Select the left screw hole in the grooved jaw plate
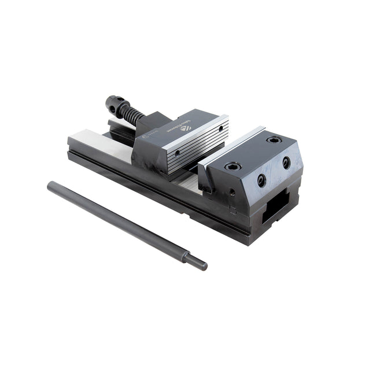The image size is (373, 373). point(177,153)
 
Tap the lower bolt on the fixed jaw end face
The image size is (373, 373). point(261,180)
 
